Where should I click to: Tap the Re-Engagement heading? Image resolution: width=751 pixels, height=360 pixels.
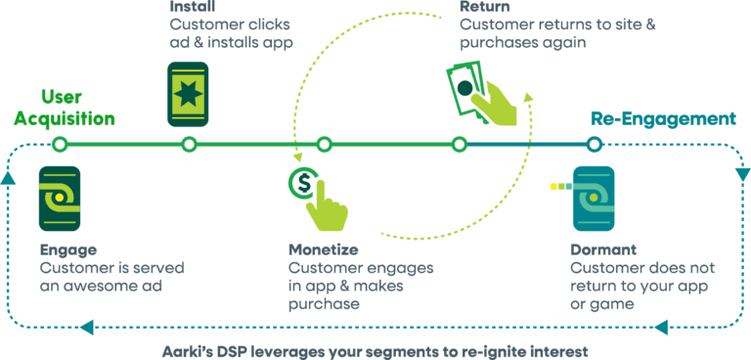point(662,119)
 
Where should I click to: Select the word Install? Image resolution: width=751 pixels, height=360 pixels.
point(186,8)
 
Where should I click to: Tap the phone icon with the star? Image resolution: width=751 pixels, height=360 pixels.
point(188,93)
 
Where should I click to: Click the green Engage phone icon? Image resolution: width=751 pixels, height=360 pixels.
point(60,199)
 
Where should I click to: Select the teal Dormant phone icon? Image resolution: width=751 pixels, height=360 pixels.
point(592,198)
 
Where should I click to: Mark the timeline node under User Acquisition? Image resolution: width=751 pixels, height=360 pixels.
point(60,145)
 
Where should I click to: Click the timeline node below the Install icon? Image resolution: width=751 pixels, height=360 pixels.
point(189,145)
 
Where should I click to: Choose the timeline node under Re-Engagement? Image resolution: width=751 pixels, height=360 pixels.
point(593,145)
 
